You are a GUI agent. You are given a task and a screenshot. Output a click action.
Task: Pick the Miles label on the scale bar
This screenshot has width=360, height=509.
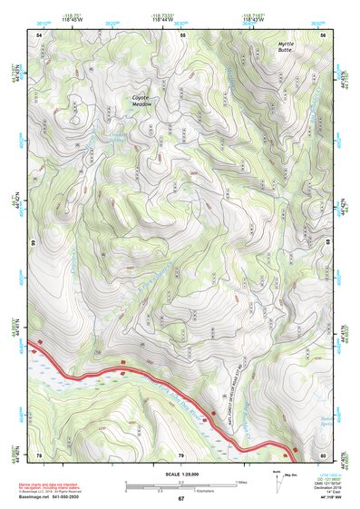tap(239, 482)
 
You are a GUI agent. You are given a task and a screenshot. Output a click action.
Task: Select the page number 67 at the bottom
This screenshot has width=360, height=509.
tap(180, 499)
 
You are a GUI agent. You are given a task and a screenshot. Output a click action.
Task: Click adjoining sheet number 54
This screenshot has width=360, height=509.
tap(39, 34)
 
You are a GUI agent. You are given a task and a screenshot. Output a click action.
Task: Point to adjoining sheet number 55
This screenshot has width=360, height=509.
tap(181, 34)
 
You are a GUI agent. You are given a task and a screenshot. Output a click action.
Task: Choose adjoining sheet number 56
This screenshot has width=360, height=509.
tap(323, 34)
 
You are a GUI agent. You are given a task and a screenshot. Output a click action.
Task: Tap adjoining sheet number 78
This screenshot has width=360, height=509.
tap(39, 454)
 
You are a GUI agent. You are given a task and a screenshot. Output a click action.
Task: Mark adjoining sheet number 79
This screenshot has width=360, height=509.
tap(180, 454)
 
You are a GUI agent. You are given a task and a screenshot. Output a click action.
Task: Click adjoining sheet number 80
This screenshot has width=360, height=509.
tap(323, 454)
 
